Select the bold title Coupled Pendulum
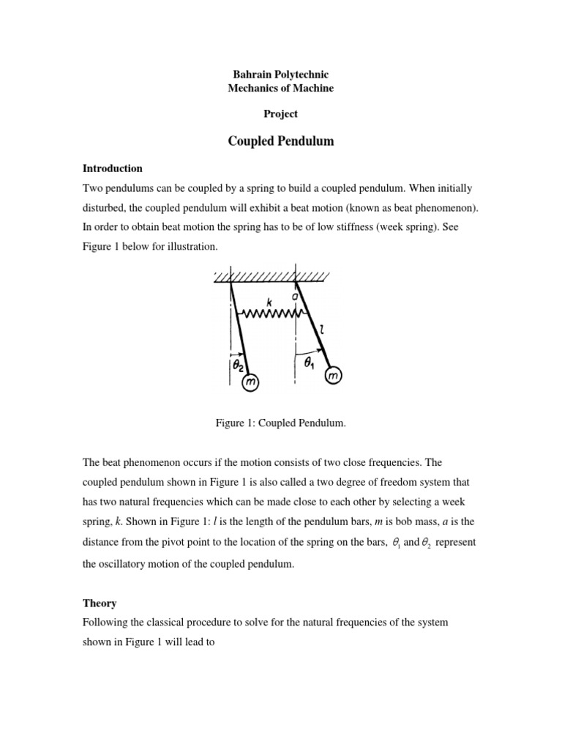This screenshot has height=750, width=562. pyautogui.click(x=281, y=141)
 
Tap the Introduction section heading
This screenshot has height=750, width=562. pyautogui.click(x=113, y=168)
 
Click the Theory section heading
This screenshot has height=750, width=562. pyautogui.click(x=100, y=603)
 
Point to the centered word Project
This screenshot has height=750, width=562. pyautogui.click(x=281, y=114)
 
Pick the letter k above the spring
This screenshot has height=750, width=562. pyautogui.click(x=270, y=301)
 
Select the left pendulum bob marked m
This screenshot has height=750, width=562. pyautogui.click(x=250, y=384)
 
